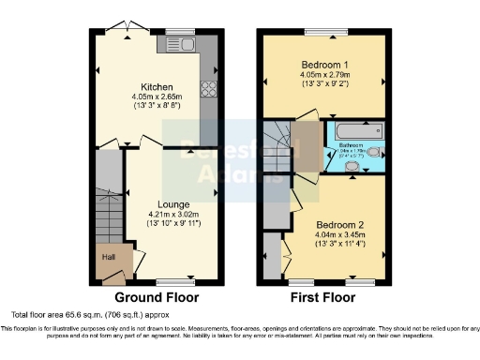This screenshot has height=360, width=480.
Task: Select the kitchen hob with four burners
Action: coord(208,92)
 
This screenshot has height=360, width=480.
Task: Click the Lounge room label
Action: coord(173,204)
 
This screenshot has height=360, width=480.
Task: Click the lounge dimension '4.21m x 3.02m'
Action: coord(173,214)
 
